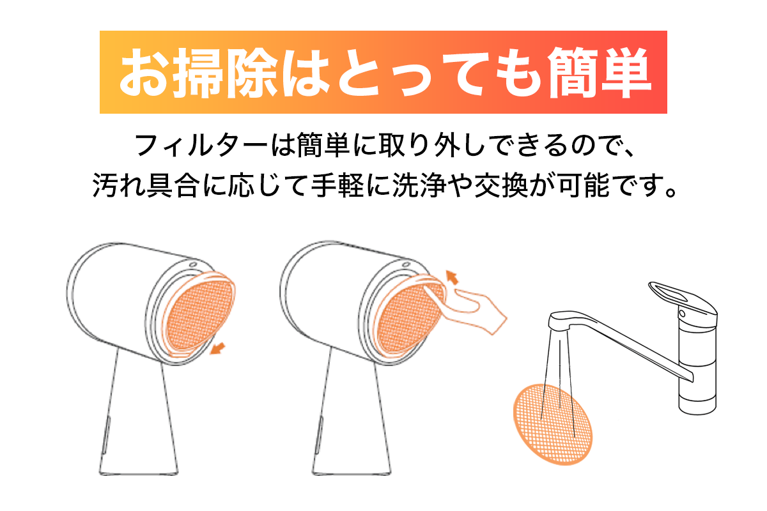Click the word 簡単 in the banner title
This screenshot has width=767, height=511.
click(x=599, y=73)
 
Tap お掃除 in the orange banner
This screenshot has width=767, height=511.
click(x=199, y=73)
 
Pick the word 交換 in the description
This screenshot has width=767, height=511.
click(x=500, y=185)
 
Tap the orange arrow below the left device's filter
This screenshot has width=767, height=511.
click(x=217, y=348)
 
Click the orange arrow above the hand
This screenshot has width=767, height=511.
click(x=452, y=277)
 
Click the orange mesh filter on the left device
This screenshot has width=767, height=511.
click(x=199, y=314)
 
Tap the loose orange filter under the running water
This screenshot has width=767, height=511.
click(x=553, y=424)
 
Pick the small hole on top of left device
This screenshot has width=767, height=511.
click(x=193, y=264)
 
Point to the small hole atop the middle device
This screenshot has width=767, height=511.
click(x=406, y=264)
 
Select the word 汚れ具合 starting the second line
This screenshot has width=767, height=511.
click(x=146, y=185)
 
